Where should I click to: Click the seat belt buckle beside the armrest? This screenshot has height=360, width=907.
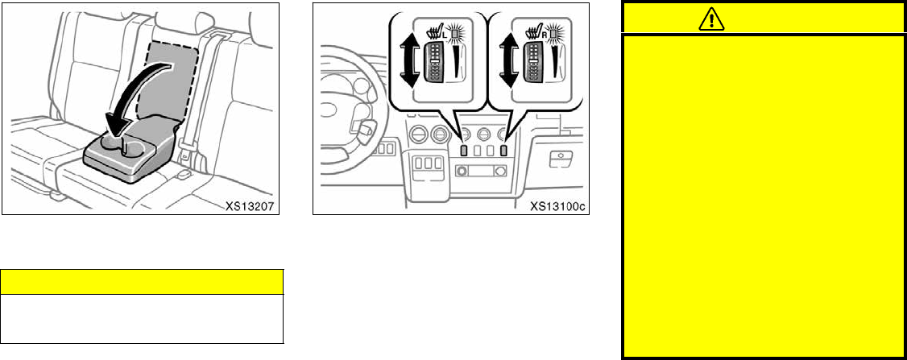[184, 173]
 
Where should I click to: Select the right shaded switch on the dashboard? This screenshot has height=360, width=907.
[503, 149]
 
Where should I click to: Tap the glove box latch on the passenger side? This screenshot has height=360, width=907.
[560, 159]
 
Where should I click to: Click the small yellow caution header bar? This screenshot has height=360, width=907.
[142, 281]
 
